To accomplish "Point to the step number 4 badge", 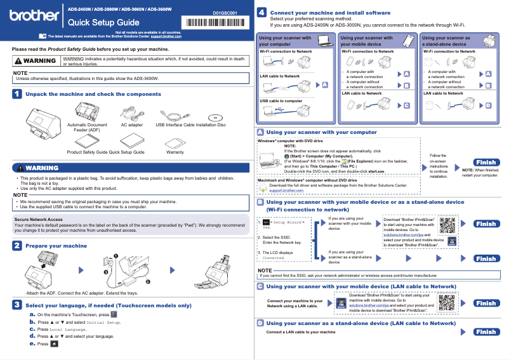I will [x=261, y=13].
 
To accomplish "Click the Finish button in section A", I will [x=482, y=163].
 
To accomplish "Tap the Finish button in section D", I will [x=486, y=331].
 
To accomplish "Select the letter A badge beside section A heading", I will [x=261, y=132].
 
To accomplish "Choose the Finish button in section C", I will [x=486, y=303].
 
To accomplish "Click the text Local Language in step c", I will [x=68, y=330].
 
